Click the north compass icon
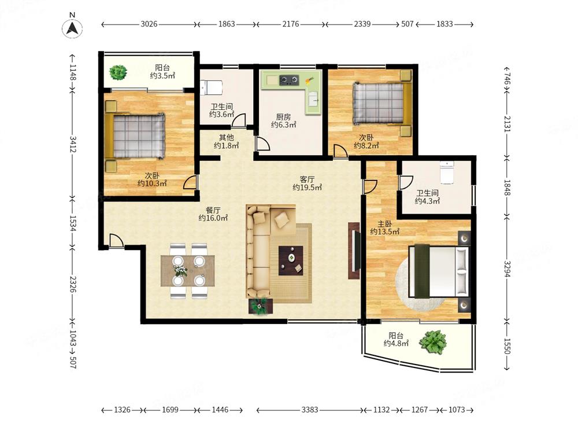(72, 28)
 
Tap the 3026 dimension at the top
(149, 24)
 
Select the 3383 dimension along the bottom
(310, 410)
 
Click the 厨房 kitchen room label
(283, 117)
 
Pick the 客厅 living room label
(307, 179)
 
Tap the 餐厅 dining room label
(213, 210)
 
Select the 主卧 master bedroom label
(384, 224)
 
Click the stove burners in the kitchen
(288, 80)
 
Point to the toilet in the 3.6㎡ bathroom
(211, 88)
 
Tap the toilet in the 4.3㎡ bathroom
(447, 172)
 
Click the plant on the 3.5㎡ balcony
(118, 72)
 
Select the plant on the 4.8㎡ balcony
(433, 342)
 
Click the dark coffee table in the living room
(291, 260)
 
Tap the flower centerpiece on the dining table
(180, 271)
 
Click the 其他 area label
(227, 137)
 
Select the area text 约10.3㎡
(152, 183)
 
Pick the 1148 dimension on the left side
(72, 72)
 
